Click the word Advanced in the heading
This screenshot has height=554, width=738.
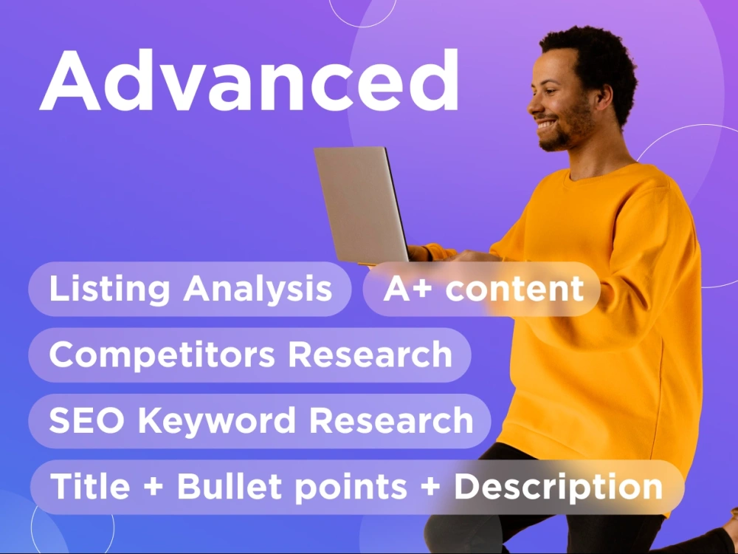[249, 80]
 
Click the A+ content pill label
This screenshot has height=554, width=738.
[483, 288]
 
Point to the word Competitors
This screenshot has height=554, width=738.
[162, 355]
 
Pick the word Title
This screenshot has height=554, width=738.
[90, 486]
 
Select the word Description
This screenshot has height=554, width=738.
[558, 487]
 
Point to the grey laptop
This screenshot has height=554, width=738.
[361, 205]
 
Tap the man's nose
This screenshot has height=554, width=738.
[534, 108]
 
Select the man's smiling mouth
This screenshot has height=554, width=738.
[546, 125]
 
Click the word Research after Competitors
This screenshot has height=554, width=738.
[370, 355]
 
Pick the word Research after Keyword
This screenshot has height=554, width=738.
[391, 420]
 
